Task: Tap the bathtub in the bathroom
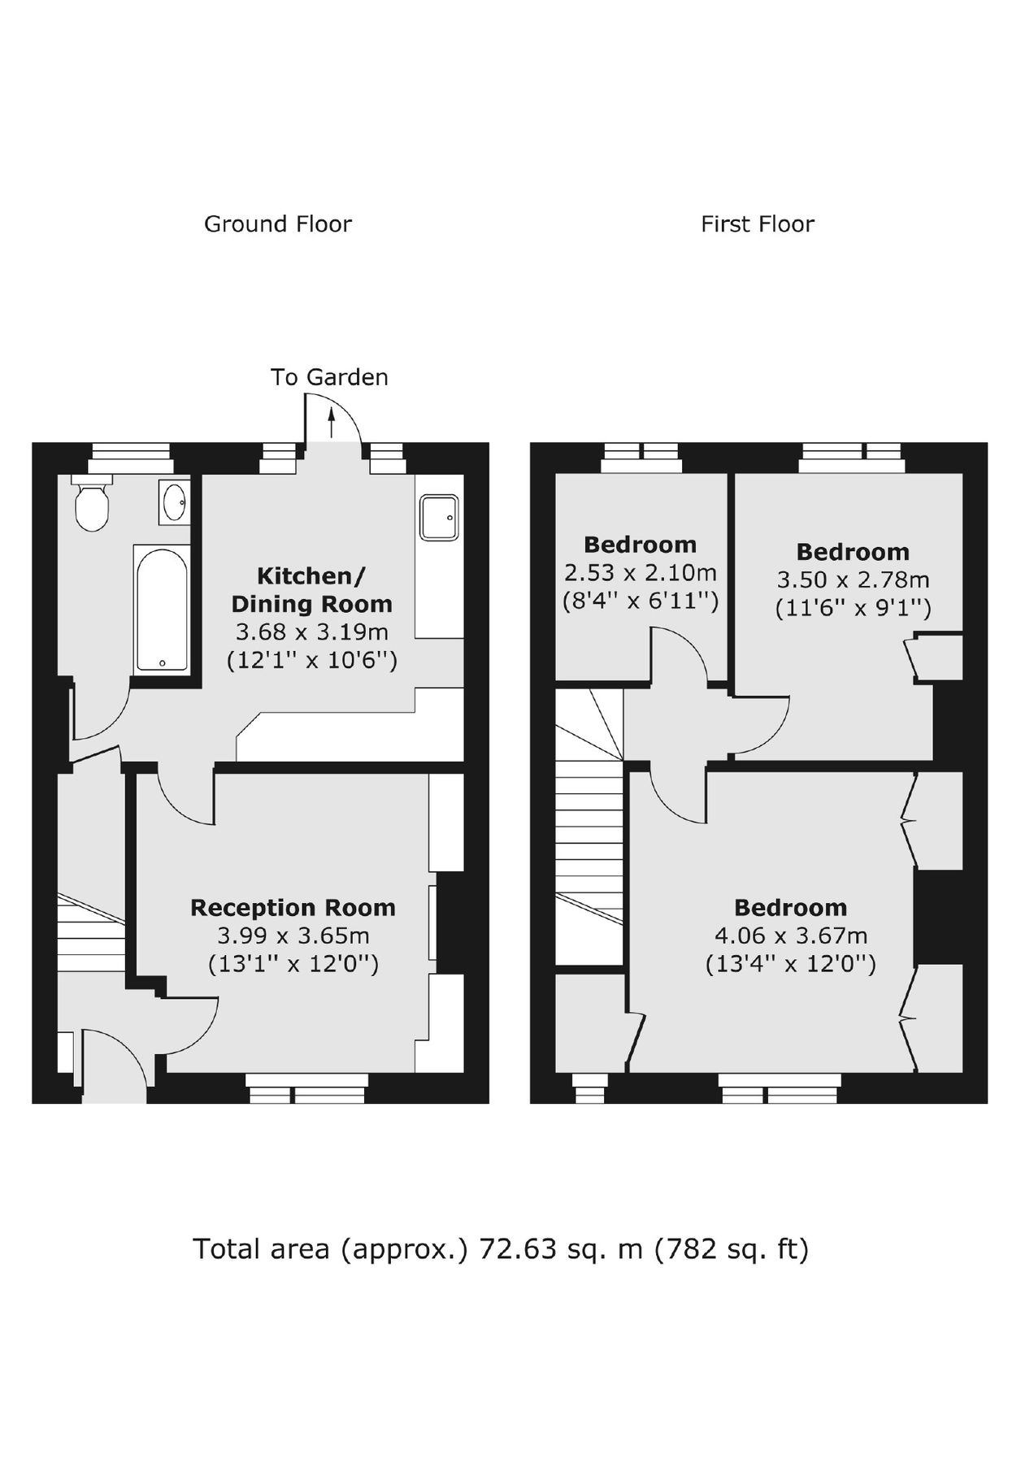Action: (x=162, y=610)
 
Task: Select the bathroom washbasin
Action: (x=175, y=501)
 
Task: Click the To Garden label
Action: (x=329, y=377)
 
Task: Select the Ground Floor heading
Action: (x=277, y=224)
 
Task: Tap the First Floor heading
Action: (x=757, y=224)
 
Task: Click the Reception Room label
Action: (x=293, y=908)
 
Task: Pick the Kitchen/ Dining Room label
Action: (x=311, y=590)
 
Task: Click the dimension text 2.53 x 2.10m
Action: (x=640, y=573)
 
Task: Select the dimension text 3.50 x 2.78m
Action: (x=853, y=580)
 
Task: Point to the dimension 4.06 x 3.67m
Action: (x=790, y=936)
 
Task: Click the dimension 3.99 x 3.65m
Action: (x=293, y=936)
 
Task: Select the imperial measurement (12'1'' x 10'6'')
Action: (x=311, y=660)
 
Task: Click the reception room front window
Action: (x=307, y=1087)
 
